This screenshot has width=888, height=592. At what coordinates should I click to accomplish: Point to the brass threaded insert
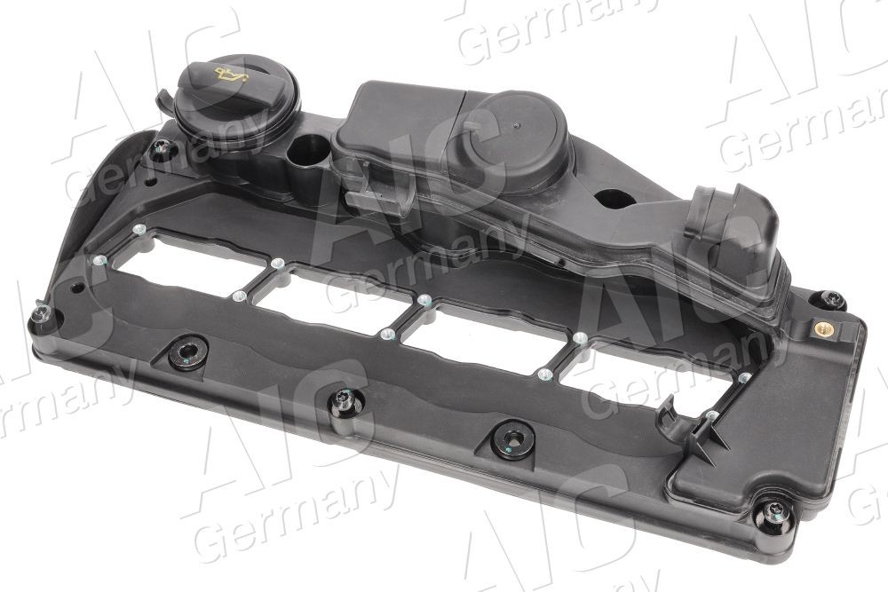pos(822,328)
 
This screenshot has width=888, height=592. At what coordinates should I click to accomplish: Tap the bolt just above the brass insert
pos(832,299)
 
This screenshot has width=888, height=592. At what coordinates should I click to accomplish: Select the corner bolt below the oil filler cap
pos(161,149)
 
